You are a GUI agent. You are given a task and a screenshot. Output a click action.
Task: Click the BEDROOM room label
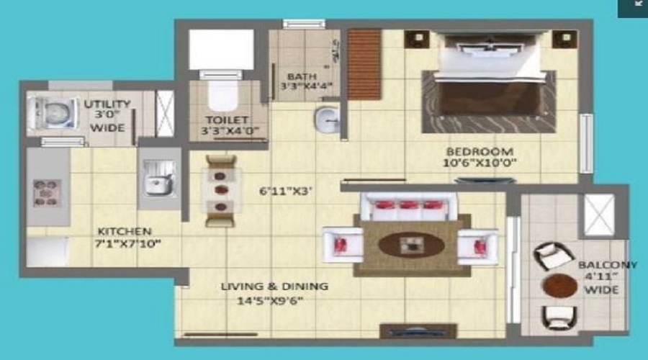(480, 151)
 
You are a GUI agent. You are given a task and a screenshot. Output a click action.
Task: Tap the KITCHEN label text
(125, 231)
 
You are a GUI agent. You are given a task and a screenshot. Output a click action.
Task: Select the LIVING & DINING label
(274, 287)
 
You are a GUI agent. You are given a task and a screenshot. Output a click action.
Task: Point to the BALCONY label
(607, 265)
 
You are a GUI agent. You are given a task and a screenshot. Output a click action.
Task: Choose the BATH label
(297, 76)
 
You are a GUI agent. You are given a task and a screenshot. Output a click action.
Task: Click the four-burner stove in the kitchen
(48, 193)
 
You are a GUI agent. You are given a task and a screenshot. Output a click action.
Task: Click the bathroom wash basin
(326, 119)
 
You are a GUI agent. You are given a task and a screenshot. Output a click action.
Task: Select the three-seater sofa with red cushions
(408, 206)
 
